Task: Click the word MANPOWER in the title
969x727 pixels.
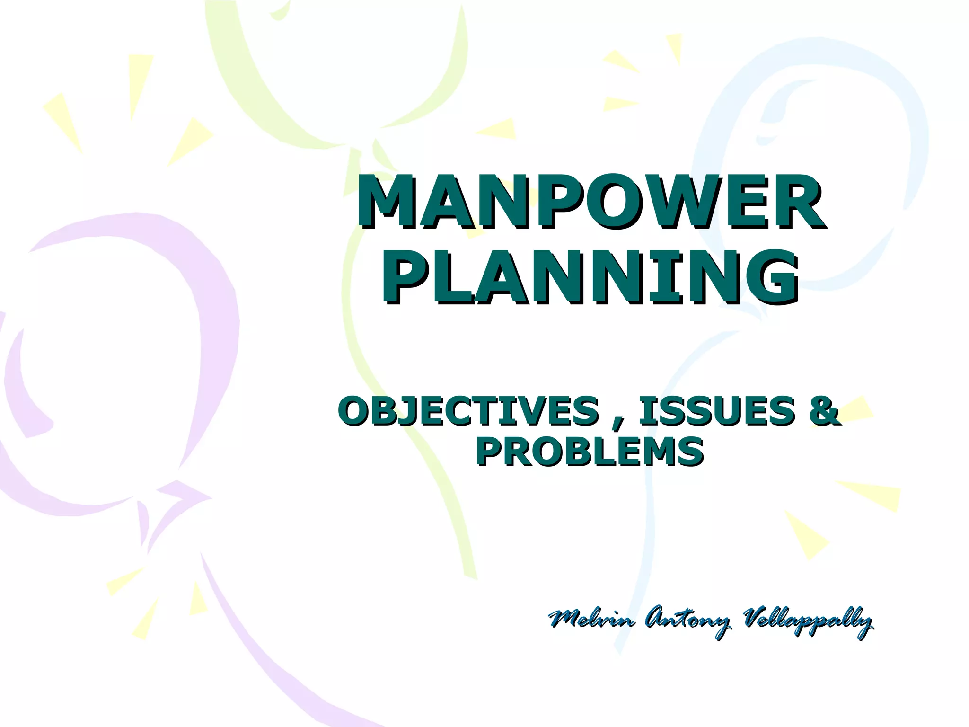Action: (x=591, y=201)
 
